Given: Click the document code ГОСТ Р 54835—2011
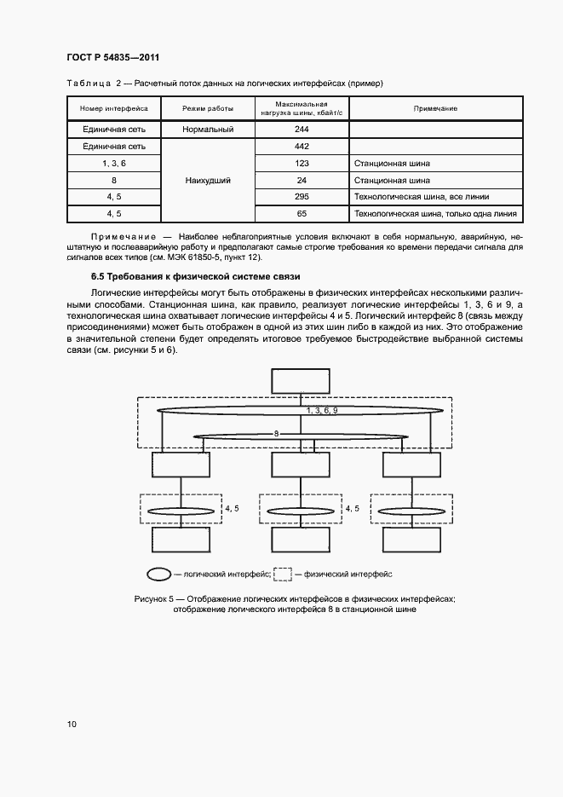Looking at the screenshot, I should click(x=112, y=57).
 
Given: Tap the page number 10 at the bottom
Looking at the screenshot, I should click(x=72, y=725).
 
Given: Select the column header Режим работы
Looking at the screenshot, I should click(x=207, y=109).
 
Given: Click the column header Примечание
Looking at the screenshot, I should click(x=435, y=109).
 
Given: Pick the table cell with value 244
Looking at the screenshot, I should click(x=302, y=129).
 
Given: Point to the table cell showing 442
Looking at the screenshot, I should click(x=302, y=146).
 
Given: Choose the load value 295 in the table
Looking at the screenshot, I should click(x=302, y=197).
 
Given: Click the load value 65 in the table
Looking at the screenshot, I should click(x=302, y=214).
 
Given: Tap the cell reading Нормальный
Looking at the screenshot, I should click(x=207, y=129).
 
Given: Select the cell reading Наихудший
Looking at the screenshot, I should click(x=207, y=181).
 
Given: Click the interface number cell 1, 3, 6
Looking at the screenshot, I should click(x=114, y=163).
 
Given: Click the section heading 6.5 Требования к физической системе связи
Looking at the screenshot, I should click(x=195, y=277).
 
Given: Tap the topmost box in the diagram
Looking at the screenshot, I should click(x=300, y=383).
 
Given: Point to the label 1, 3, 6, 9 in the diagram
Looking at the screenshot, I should click(x=322, y=411).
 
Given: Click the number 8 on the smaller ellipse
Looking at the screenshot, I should click(x=276, y=434).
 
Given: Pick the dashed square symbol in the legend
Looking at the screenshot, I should click(x=282, y=575).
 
